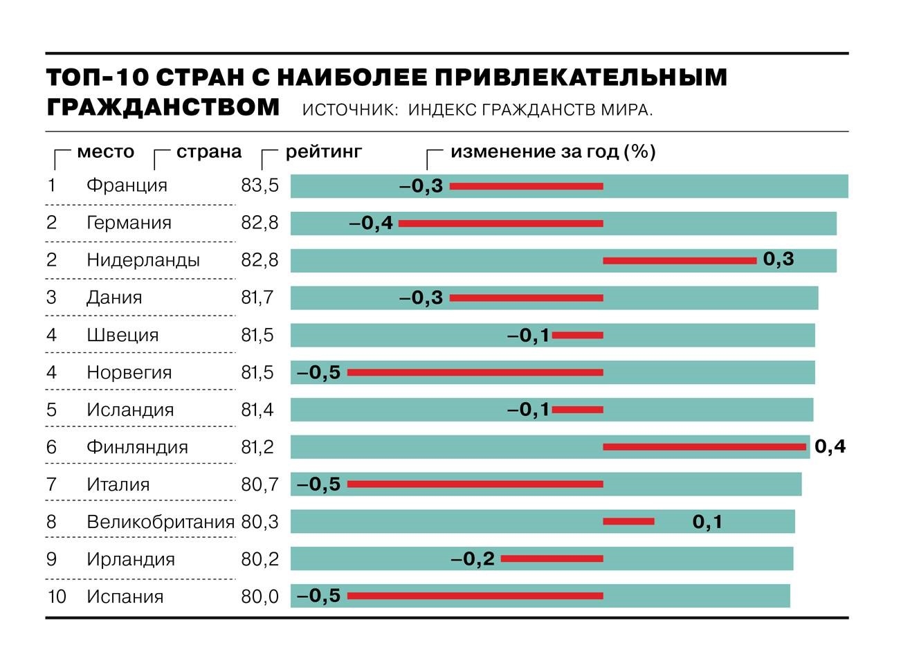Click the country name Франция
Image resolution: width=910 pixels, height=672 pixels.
pos(127,185)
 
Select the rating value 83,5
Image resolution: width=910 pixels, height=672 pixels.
pos(260,185)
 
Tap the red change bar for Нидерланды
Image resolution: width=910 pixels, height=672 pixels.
pos(679,261)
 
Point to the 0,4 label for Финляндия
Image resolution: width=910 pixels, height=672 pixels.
pos(830,447)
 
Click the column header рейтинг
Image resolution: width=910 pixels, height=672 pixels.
pos(324,152)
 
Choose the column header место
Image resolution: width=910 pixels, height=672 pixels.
pos(105,152)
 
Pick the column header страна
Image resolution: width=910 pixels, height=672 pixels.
pos(209,152)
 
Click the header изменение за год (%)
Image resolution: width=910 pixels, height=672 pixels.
pos(553,152)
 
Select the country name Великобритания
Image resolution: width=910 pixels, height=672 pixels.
pos(161,522)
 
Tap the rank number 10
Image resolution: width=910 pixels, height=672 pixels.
pos(56,597)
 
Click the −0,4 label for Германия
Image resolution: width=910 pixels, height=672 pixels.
pos(371,223)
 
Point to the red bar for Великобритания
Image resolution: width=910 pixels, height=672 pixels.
pos(628,521)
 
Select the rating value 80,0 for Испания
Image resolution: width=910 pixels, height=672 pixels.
pos(260,597)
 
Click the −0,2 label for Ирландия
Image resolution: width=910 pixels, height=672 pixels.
pos(473,559)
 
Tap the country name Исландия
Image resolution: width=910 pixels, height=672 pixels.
pos(130,410)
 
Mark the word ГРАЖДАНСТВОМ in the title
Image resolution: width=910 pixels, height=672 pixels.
pos(163,108)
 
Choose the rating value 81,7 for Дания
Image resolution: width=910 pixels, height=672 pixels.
pos(257,298)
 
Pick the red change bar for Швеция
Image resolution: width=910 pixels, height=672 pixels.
pos(578,336)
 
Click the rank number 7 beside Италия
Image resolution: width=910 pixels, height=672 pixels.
pos(51,484)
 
